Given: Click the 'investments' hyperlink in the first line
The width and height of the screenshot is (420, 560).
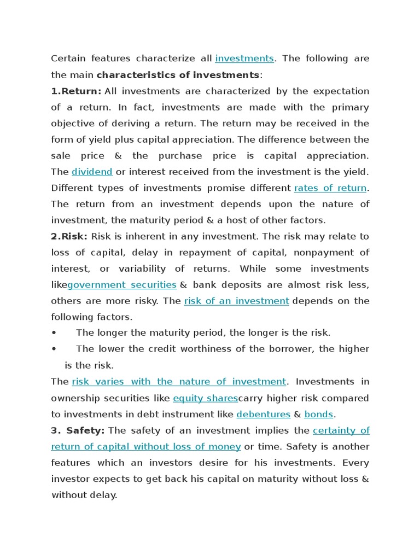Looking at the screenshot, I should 244,59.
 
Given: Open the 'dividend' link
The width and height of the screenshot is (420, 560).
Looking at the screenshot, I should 92,172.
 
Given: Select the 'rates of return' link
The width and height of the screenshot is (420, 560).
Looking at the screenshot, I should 330,188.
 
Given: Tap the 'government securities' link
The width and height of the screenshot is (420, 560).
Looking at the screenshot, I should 122,285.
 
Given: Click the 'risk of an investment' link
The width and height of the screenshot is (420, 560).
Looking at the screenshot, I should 236,301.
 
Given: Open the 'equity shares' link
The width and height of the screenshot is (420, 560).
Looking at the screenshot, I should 205,398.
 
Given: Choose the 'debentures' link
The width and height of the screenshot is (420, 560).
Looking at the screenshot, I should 263,414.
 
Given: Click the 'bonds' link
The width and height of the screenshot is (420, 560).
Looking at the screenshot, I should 319,414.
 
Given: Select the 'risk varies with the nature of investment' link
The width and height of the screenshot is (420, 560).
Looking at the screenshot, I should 179,381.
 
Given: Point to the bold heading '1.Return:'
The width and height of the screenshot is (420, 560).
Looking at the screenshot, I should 76,91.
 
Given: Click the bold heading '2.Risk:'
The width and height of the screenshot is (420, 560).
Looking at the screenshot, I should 69,236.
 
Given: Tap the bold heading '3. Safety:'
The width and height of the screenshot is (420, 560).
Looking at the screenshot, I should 78,430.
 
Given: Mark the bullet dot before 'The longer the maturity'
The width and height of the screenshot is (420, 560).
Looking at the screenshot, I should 54,332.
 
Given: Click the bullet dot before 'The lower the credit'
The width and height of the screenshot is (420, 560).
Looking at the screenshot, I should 54,349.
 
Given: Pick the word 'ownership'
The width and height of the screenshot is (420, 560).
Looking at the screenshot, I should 78,398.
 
